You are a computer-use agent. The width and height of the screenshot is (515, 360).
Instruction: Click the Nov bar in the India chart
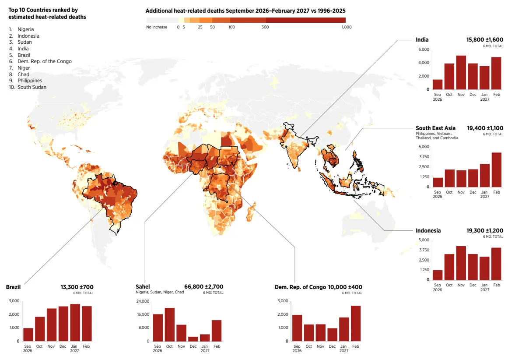point(461,72)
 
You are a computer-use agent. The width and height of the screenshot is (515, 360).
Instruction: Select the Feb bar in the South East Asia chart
point(496,169)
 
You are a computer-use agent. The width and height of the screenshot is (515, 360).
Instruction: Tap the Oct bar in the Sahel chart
point(169,325)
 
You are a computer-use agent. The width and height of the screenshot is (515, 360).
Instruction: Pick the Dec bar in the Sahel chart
point(193,339)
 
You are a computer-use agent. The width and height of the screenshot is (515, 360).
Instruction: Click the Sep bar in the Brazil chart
point(28,335)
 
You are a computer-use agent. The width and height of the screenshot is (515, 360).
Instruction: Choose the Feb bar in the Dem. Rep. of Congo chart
point(356,324)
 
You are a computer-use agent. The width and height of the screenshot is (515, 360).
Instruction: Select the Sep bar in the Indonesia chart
point(438,275)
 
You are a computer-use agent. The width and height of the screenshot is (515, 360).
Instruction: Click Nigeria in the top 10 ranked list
point(26,29)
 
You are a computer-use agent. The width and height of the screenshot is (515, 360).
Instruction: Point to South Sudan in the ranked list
point(32,87)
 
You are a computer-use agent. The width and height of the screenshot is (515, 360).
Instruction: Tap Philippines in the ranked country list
point(30,81)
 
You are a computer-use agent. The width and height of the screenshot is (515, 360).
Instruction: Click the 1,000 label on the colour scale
point(347,27)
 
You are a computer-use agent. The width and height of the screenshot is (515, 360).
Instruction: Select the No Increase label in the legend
point(157,27)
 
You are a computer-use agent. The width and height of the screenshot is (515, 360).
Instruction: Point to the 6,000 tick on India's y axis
point(424,49)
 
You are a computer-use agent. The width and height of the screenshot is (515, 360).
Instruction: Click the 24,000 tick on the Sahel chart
point(143,301)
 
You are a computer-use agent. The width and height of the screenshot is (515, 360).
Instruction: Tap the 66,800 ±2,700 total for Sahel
point(203,287)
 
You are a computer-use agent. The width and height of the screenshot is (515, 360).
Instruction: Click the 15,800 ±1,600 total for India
point(485,39)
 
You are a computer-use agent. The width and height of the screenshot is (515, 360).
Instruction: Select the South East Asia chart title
point(435,128)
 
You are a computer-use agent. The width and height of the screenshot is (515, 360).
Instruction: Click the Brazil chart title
point(13,287)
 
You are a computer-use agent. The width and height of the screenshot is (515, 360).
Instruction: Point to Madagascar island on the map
point(251,212)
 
